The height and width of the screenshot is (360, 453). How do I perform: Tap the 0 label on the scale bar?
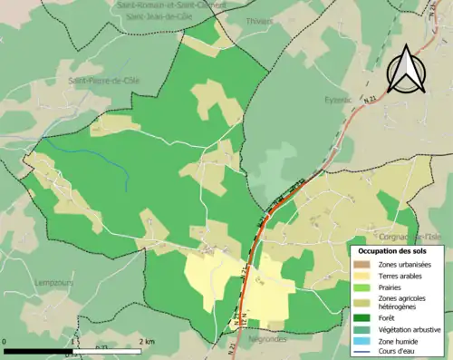[6, 341]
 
